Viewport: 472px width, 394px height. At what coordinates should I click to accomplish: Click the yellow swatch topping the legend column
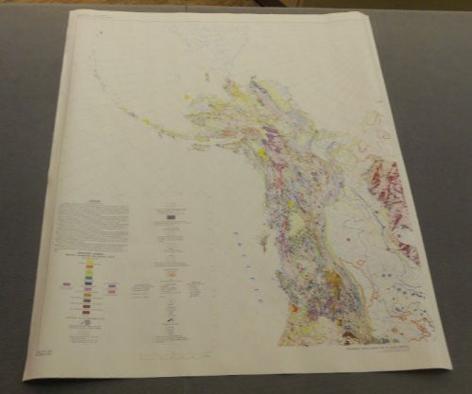point(90,262)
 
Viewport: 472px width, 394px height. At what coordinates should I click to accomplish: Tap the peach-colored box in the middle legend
point(172,275)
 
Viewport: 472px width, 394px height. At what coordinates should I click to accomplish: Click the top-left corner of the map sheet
point(75,12)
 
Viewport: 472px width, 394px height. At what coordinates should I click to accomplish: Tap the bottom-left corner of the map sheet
point(25,378)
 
